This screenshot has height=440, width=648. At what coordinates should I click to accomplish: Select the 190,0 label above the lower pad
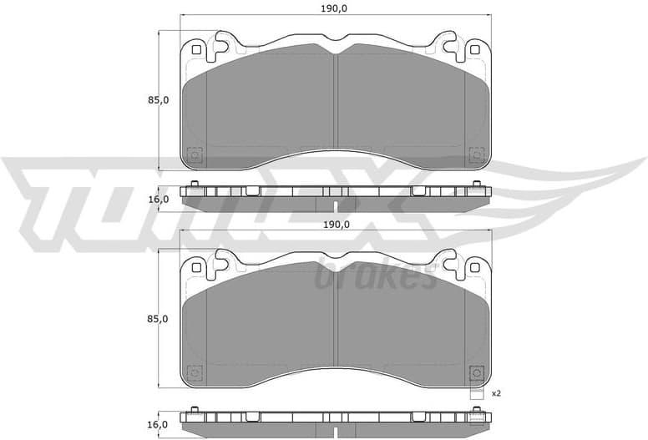point(336,225)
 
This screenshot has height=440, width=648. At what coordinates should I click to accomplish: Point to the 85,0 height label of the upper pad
point(159,100)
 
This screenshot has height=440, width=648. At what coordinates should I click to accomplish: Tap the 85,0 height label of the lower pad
point(159,319)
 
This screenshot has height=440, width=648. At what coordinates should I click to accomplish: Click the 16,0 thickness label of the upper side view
point(159,200)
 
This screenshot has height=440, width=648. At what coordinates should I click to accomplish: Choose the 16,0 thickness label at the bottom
point(159,424)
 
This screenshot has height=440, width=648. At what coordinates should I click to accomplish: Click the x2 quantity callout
point(496,393)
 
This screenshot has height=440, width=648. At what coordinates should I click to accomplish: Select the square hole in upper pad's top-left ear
point(196,49)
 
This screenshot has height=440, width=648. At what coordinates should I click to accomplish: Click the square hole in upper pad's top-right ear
point(475,49)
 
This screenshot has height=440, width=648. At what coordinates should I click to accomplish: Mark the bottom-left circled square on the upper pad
point(195,154)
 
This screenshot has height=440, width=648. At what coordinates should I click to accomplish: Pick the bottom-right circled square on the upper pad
point(477,154)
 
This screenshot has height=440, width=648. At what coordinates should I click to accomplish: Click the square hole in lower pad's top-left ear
point(196,267)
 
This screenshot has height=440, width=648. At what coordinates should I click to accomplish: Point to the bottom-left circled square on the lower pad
point(195,373)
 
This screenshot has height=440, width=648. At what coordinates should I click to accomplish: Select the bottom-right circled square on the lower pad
point(477,373)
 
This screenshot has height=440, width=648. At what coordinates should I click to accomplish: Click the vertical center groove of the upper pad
point(336,100)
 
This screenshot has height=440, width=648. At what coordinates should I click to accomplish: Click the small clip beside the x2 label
point(477,394)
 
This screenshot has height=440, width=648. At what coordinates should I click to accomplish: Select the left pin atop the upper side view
point(195,184)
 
